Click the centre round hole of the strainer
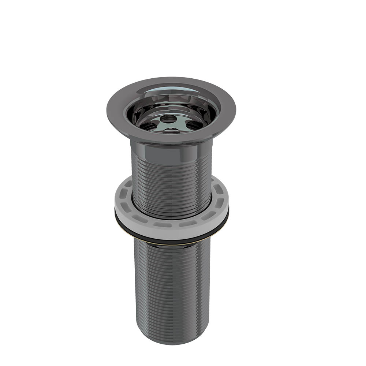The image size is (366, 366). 168,119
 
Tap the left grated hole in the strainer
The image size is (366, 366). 148,126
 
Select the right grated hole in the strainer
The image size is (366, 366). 194,125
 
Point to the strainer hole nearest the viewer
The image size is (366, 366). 171,131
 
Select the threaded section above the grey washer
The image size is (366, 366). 171,183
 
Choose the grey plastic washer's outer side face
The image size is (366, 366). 171,233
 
